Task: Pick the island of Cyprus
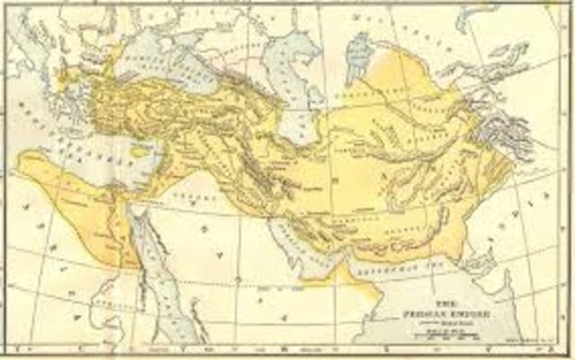pos(137,152)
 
